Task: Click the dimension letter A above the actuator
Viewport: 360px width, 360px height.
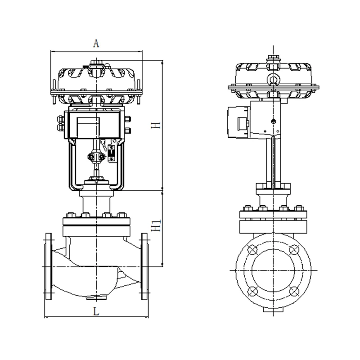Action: click(x=96, y=43)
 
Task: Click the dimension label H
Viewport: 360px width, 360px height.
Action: click(x=156, y=125)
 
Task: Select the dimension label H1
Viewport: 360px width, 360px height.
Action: click(x=156, y=226)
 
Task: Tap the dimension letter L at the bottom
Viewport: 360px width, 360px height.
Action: click(x=96, y=311)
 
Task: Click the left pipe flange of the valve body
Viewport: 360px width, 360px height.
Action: click(x=49, y=266)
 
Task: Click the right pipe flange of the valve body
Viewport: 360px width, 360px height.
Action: click(x=144, y=266)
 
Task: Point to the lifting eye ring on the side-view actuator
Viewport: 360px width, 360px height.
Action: click(x=273, y=80)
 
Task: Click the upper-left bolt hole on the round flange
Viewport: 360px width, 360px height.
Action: click(x=252, y=250)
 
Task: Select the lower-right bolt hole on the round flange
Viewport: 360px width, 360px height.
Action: click(x=294, y=291)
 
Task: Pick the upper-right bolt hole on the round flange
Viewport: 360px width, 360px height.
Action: click(x=294, y=250)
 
